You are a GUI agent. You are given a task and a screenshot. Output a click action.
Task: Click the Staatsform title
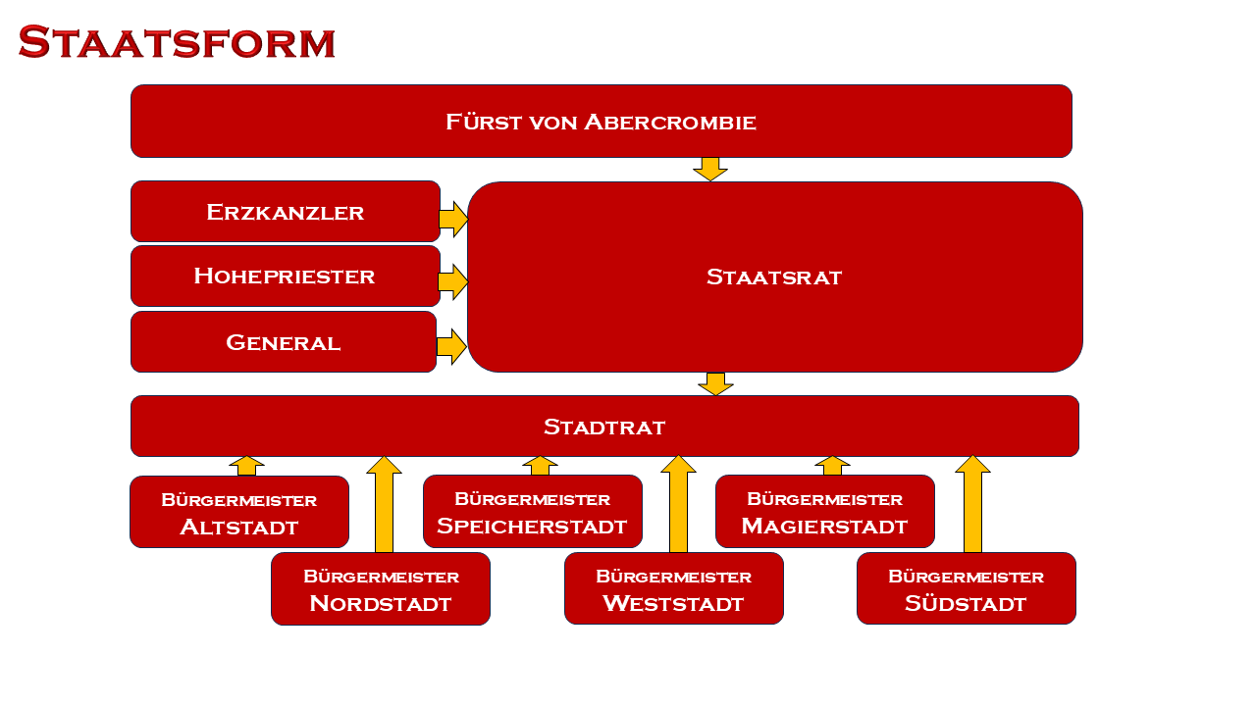177,42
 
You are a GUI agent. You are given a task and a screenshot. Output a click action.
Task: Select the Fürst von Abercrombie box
602,121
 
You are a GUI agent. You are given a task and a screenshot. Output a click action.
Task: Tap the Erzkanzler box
286,211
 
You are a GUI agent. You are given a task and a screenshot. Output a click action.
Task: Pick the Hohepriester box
286,276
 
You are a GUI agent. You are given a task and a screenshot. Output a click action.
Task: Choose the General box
284,342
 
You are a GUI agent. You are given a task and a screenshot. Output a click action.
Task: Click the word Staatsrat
774,277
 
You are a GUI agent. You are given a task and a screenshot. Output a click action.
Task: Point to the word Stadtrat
604,427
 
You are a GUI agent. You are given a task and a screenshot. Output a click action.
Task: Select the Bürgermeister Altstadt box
239,512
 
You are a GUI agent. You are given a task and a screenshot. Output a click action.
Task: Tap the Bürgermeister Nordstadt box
381,589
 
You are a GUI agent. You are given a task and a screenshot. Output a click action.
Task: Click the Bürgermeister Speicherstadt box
533,511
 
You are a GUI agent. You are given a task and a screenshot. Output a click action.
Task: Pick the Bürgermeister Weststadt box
674,588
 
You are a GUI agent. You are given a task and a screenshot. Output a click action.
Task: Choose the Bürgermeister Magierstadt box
825,511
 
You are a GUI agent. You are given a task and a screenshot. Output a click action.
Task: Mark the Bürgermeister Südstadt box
967,588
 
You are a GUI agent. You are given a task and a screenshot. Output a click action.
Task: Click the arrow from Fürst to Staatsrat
710,170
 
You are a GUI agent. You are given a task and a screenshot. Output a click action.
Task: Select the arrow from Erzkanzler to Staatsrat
453,219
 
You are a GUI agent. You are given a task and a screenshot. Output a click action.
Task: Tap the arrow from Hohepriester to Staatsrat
453,282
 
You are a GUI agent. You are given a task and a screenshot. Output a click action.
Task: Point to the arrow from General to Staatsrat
451,347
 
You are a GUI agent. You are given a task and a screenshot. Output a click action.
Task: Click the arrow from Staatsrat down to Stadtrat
715,384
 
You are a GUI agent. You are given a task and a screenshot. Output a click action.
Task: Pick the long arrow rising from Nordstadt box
384,504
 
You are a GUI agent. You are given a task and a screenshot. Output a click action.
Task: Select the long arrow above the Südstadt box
972,504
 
